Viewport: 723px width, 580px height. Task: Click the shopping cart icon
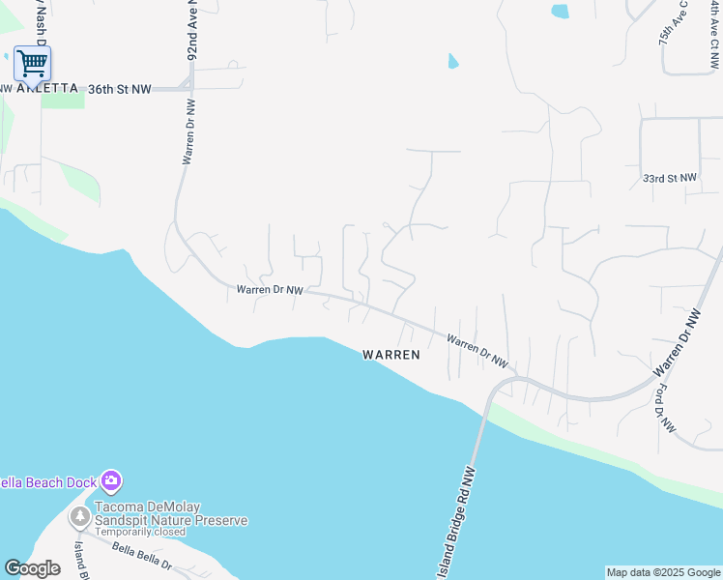pyautogui.click(x=32, y=64)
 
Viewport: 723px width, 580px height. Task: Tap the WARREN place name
pyautogui.click(x=391, y=355)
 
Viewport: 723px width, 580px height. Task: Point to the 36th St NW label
pyautogui.click(x=120, y=89)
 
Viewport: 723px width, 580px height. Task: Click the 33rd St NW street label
pyautogui.click(x=670, y=178)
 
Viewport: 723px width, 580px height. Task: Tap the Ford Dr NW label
pyautogui.click(x=666, y=408)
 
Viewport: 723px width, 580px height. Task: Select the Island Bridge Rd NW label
pyautogui.click(x=460, y=522)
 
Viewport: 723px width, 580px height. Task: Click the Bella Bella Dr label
pyautogui.click(x=141, y=558)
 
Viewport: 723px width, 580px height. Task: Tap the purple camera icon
pyautogui.click(x=111, y=480)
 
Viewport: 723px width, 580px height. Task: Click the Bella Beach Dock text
pyautogui.click(x=48, y=481)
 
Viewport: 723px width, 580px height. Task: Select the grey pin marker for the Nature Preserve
pyautogui.click(x=79, y=515)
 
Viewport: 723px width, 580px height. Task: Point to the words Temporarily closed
pyautogui.click(x=141, y=533)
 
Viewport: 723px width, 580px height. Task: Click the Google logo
pyautogui.click(x=32, y=567)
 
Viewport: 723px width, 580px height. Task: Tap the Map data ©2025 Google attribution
pyautogui.click(x=663, y=572)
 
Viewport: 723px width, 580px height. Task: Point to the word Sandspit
pyautogui.click(x=123, y=520)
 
